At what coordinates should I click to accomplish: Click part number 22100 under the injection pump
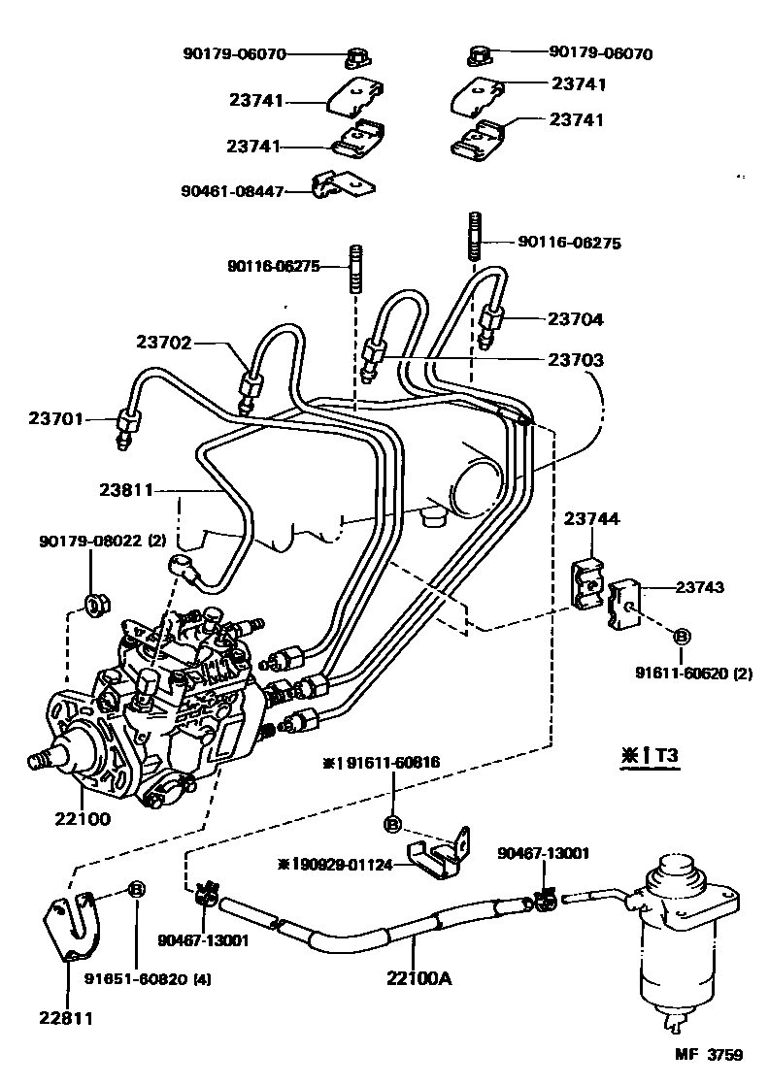(x=83, y=818)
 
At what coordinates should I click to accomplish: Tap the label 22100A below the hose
(x=418, y=978)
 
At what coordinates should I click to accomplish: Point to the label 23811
(x=126, y=491)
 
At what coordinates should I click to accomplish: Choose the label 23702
(x=163, y=342)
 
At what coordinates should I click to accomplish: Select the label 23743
(x=699, y=587)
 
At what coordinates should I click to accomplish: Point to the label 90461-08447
(x=230, y=192)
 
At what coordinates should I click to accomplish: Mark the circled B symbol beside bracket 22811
(x=137, y=889)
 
